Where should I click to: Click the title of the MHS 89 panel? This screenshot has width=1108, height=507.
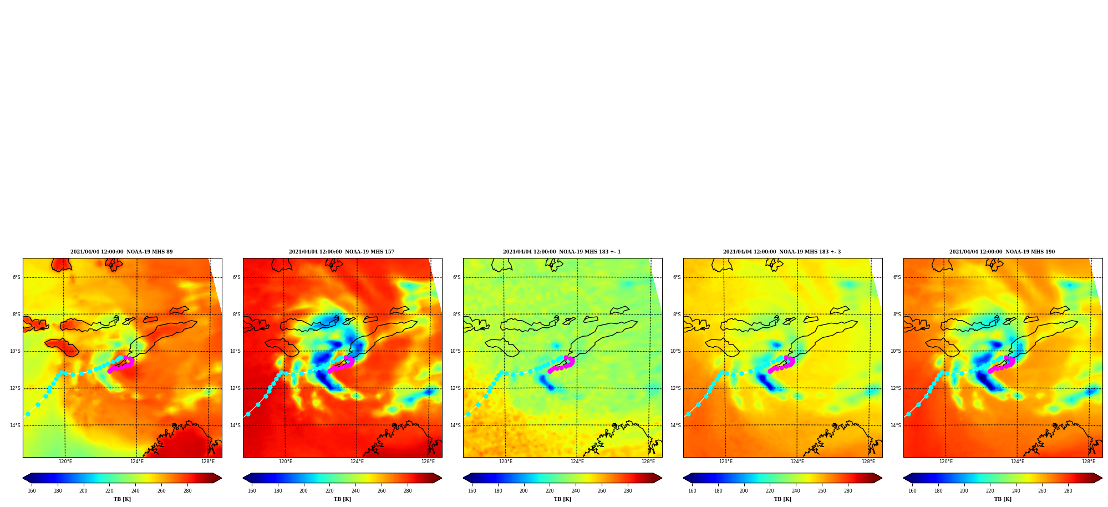tap(121, 252)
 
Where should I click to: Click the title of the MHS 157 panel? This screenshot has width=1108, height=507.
tap(342, 252)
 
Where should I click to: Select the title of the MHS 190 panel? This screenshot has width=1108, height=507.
tap(1002, 252)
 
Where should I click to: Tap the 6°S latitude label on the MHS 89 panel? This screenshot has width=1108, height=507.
tap(17, 277)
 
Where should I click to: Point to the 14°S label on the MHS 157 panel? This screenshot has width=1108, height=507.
tap(236, 425)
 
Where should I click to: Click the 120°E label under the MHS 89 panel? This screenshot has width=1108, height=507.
tap(65, 462)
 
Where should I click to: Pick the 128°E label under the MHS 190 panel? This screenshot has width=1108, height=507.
tap(1089, 462)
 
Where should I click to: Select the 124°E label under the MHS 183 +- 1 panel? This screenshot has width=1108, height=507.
tap(577, 462)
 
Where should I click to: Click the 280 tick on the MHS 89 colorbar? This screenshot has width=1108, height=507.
tap(187, 490)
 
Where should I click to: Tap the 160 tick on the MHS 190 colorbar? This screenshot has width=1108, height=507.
tap(912, 490)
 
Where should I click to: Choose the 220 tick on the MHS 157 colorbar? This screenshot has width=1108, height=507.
tap(329, 490)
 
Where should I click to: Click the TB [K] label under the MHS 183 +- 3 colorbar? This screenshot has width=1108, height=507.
tap(782, 499)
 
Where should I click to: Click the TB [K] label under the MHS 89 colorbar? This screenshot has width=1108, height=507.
tap(122, 499)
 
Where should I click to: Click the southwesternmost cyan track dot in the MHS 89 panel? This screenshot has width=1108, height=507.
tap(28, 414)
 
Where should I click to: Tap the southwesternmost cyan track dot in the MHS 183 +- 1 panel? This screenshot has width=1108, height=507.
tap(468, 414)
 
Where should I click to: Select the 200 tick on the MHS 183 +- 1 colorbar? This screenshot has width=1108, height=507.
tap(523, 490)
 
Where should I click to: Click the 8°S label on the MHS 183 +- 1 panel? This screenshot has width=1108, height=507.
tap(457, 315)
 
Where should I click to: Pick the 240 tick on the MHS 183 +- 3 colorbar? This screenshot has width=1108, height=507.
tap(796, 490)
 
